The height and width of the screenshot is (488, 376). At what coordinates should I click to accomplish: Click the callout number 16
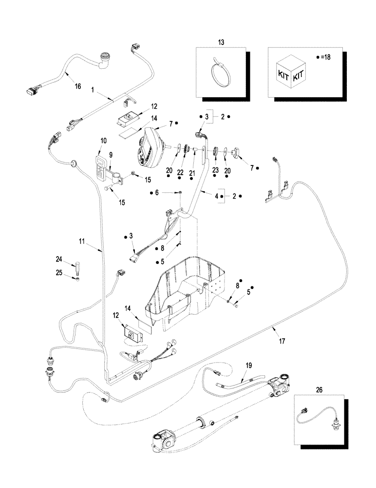[77, 86]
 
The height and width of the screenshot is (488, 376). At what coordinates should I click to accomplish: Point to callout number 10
[103, 141]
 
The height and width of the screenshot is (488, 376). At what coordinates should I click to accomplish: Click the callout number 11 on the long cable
[82, 241]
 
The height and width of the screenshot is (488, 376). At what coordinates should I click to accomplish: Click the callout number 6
[157, 193]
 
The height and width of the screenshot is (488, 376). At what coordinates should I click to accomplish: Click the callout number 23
[215, 169]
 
